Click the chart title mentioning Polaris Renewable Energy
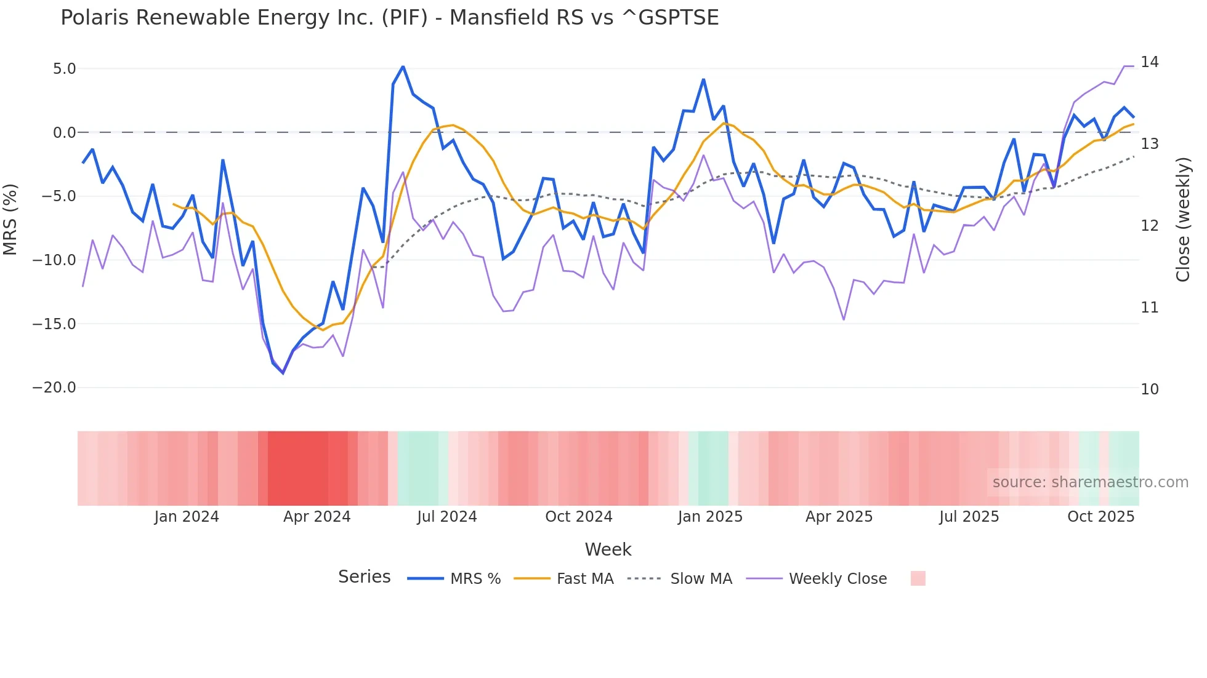click(389, 18)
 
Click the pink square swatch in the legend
click(918, 578)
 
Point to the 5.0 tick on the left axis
click(64, 69)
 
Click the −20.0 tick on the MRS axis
click(54, 388)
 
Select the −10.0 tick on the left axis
click(54, 260)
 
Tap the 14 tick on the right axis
click(1149, 62)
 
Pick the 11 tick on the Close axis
click(1149, 308)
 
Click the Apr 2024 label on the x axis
click(317, 517)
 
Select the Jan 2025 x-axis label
click(710, 517)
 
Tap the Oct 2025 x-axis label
click(1100, 517)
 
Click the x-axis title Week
click(608, 549)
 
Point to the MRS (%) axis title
click(10, 219)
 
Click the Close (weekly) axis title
click(1183, 219)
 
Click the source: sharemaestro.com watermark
click(1090, 482)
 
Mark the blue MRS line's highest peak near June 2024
click(403, 66)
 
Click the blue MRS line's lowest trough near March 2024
click(283, 373)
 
